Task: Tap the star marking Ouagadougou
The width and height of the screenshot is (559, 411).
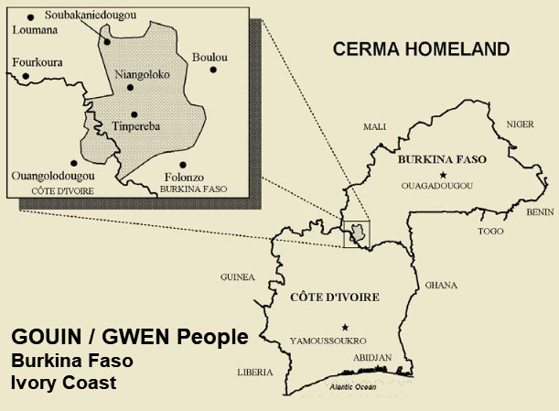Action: pos(443,174)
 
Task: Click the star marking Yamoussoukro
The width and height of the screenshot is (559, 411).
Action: pos(345,327)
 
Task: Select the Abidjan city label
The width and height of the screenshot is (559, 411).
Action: pos(371,357)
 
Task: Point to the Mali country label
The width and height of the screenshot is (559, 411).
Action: pos(375,126)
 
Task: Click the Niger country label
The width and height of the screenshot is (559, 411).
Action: pos(520,124)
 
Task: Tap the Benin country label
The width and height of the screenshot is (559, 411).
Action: pos(540,211)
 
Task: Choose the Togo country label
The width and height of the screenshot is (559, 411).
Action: pos(490,231)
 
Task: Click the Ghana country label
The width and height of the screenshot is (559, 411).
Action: pos(441,285)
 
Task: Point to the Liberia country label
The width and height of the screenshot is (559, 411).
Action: pos(255,372)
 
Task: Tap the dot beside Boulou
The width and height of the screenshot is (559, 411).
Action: pos(213,70)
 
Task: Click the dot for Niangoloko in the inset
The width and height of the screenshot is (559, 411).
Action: pos(130,87)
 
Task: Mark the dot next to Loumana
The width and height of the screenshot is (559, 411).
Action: pos(31,16)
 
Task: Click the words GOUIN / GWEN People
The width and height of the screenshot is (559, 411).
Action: pos(129,337)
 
